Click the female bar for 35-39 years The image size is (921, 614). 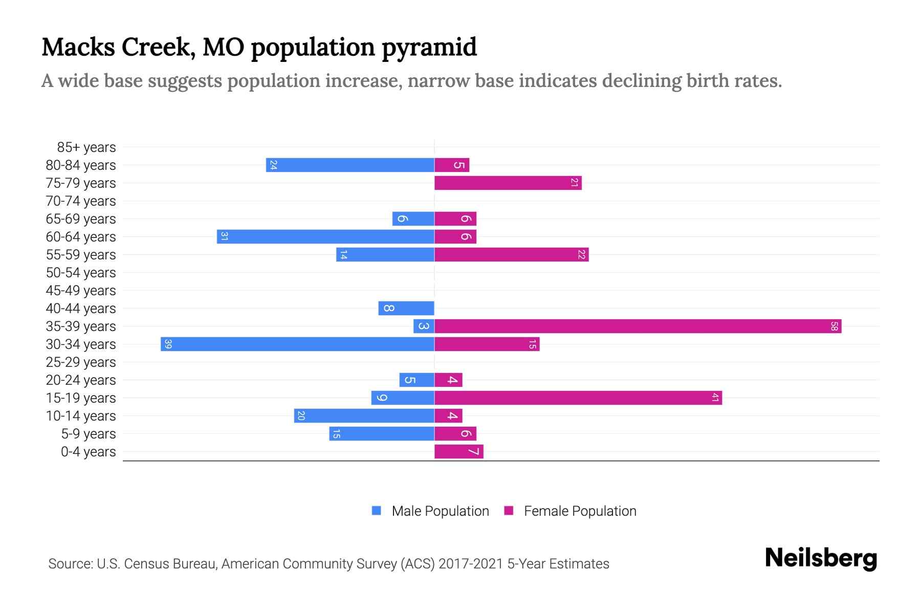coord(638,326)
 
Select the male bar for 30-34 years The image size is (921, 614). coord(297,344)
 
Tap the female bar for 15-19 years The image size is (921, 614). coord(578,398)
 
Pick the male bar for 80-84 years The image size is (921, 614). coord(350,165)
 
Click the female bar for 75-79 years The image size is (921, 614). coord(508,183)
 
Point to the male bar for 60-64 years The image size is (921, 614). coord(325,236)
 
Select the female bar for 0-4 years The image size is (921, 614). coord(459,451)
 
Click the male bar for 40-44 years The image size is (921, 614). coord(406,308)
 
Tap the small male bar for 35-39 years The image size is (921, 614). coord(424,326)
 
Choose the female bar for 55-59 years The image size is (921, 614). coord(512,254)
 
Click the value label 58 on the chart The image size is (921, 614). coord(834,326)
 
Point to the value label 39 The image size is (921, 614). coord(168,344)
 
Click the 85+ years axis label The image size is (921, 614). coord(86,147)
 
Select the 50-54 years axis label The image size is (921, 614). coord(81,272)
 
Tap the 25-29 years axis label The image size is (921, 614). coord(81,362)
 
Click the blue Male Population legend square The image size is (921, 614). coord(377,511)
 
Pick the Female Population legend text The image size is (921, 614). coord(580,511)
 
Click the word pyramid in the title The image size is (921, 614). coord(429,47)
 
